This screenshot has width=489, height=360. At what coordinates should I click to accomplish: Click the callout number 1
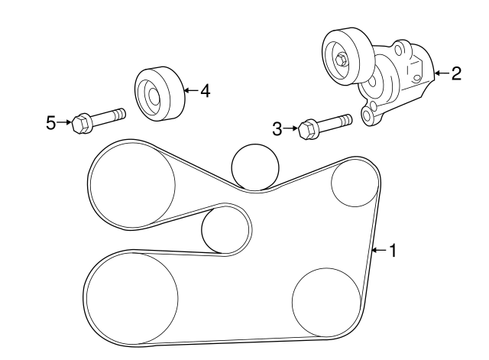(x=393, y=250)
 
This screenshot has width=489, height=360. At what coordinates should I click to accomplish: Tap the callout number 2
(x=455, y=73)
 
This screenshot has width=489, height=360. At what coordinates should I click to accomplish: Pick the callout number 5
(x=51, y=122)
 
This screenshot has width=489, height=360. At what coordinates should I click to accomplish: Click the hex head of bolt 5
(x=79, y=122)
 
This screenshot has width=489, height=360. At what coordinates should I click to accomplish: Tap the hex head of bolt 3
(x=309, y=128)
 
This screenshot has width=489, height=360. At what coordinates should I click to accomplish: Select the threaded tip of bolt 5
(x=120, y=115)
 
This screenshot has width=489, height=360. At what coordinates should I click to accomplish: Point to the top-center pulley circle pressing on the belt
(x=255, y=166)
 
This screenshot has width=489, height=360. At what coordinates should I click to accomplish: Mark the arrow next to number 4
(x=191, y=91)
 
